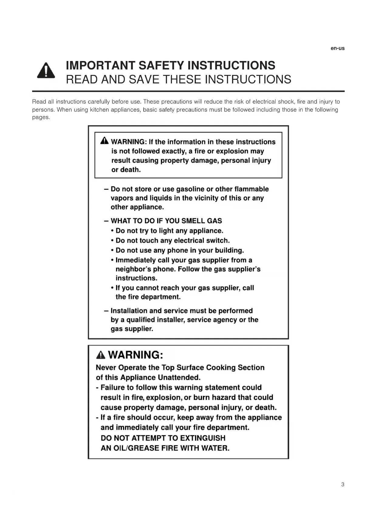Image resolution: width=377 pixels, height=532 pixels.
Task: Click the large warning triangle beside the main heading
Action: point(46,71)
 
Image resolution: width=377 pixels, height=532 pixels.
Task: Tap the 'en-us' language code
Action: point(338,48)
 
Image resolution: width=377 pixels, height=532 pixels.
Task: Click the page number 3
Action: point(343,484)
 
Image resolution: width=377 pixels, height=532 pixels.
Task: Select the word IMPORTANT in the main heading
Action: point(100,66)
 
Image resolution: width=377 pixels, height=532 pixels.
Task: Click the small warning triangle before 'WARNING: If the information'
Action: point(104,141)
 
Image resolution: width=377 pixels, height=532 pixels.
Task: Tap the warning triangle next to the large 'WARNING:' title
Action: point(101,355)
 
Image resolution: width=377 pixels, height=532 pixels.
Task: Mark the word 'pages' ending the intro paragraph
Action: point(40,117)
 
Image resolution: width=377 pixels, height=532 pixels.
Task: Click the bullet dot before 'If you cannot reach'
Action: point(112,288)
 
